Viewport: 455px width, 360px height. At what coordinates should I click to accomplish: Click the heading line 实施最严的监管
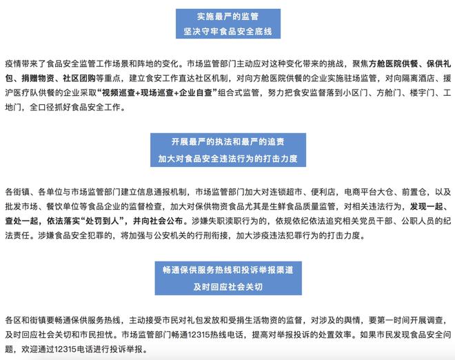(228, 17)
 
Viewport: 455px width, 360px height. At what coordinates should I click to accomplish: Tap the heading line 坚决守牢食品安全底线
(228, 31)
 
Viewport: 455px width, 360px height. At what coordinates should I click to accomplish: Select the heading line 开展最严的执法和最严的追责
(228, 141)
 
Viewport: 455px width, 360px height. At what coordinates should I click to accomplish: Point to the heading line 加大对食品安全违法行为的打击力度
(228, 159)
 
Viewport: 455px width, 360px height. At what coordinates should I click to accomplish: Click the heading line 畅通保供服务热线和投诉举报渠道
(228, 270)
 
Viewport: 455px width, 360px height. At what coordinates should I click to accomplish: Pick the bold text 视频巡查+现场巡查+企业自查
(158, 93)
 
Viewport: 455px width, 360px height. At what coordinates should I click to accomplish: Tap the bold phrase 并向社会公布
(158, 221)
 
